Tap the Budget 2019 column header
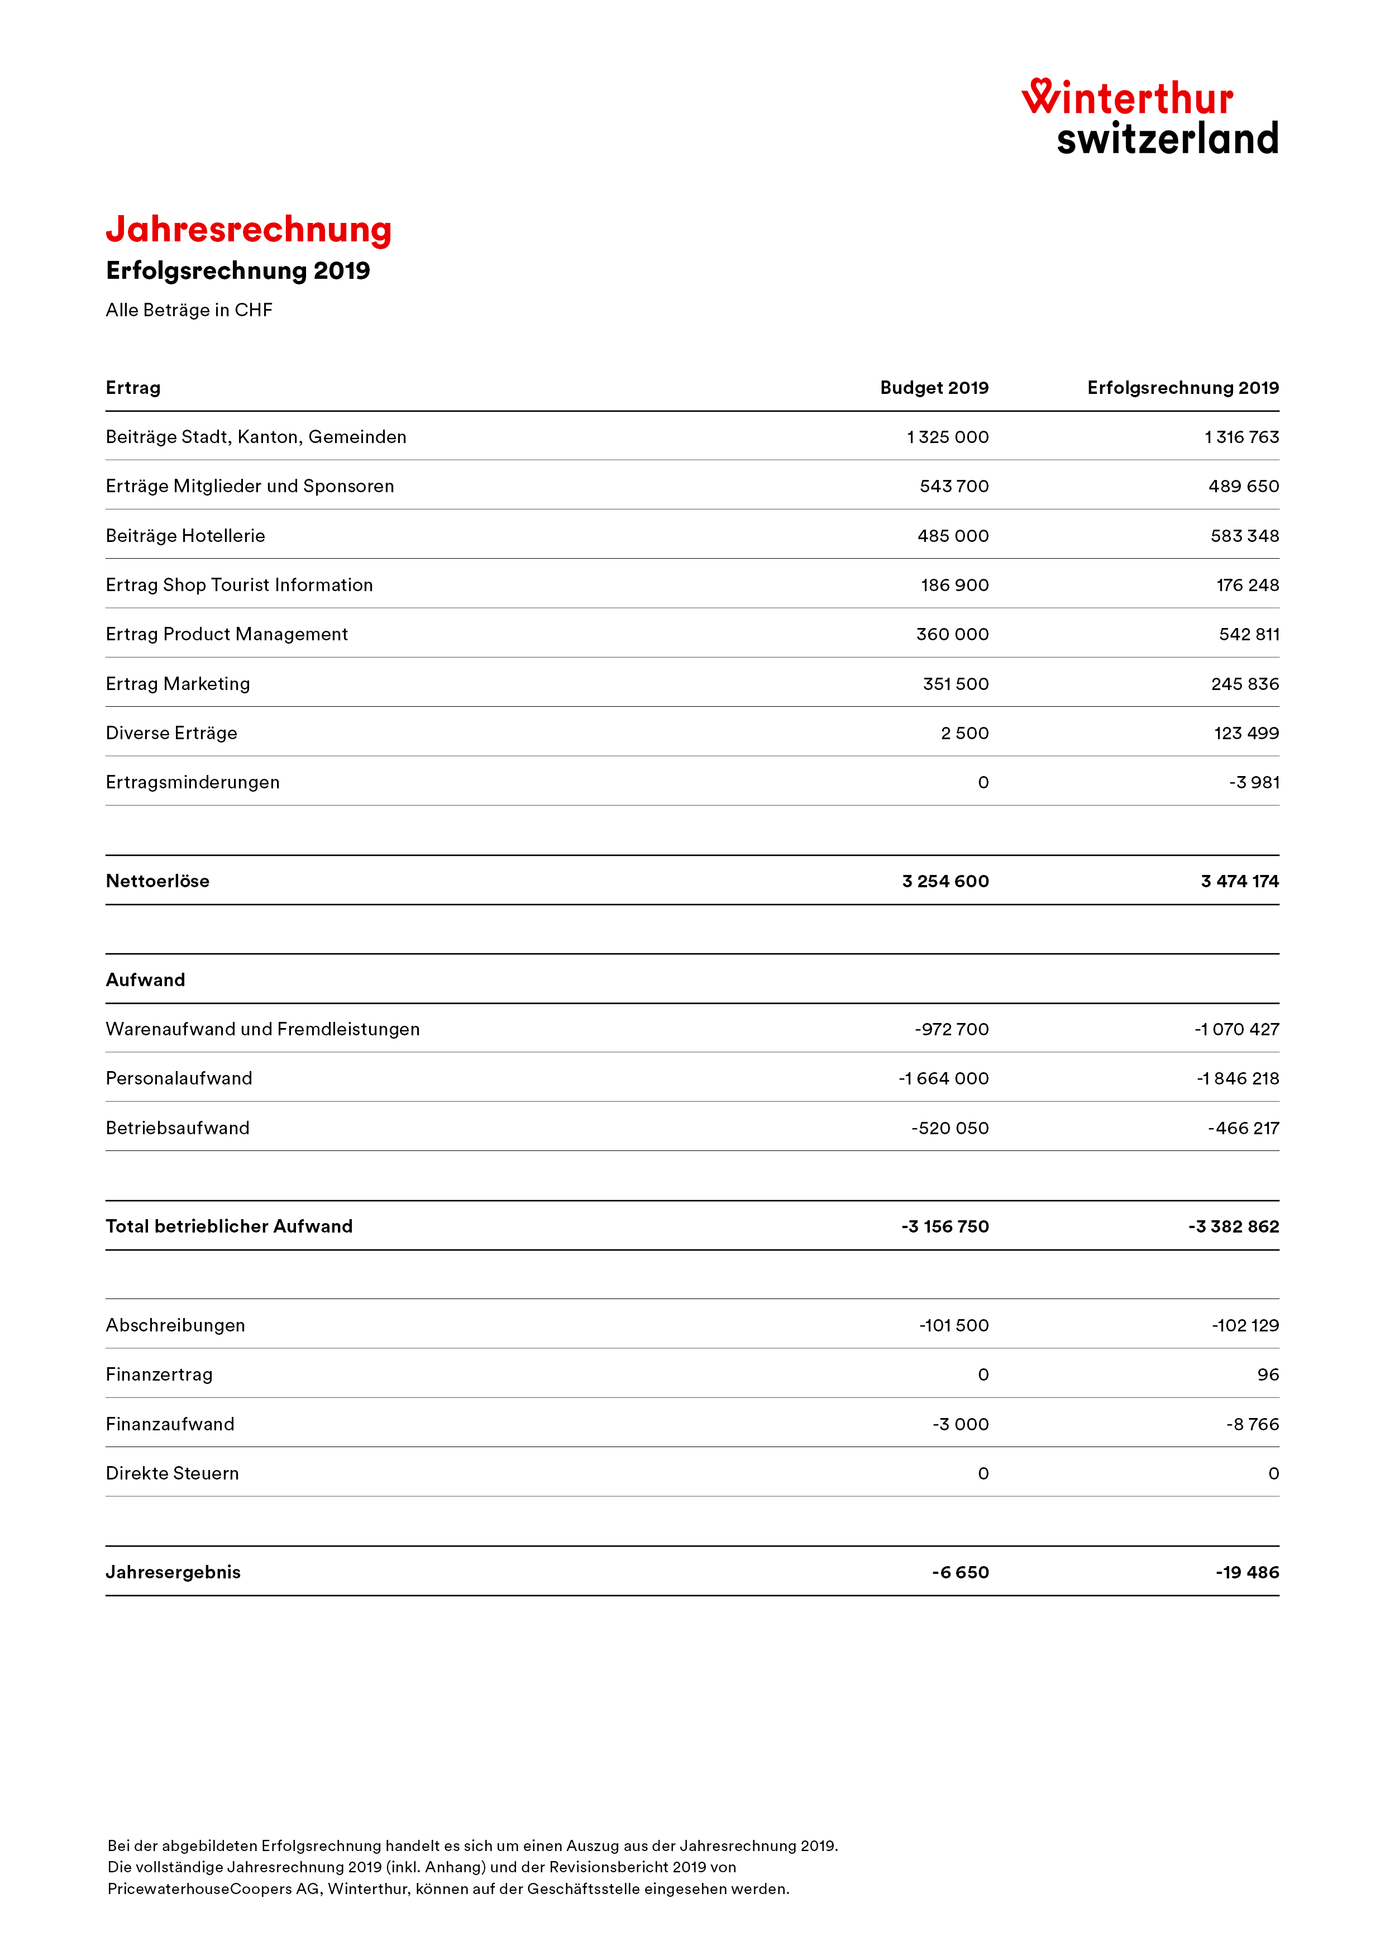click(x=934, y=388)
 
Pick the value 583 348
click(x=1244, y=536)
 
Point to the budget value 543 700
click(x=953, y=487)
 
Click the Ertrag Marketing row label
click(x=178, y=684)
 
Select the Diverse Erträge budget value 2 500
click(x=964, y=733)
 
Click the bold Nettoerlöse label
click(x=157, y=881)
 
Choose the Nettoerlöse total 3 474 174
click(x=1239, y=881)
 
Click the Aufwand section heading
click(x=145, y=980)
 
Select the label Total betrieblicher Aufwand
click(x=229, y=1227)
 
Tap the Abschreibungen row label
click(x=175, y=1326)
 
